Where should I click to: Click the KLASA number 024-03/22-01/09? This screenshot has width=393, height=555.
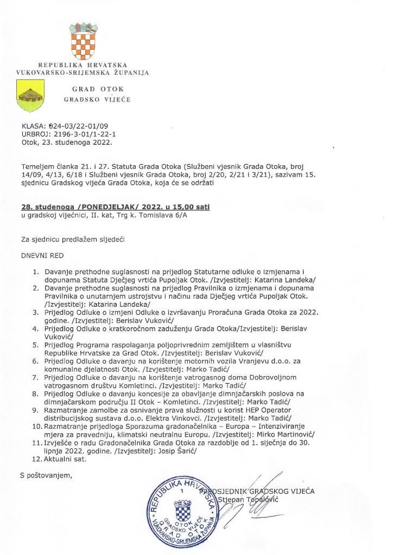tap(77, 127)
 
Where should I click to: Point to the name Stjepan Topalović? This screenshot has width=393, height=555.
tap(247, 499)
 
